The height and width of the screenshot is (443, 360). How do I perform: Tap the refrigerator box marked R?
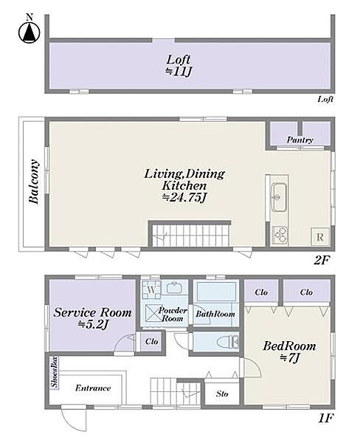coord(320,236)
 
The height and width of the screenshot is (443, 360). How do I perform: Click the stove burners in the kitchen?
coord(280,235)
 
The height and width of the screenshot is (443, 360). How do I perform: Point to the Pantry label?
coord(300,140)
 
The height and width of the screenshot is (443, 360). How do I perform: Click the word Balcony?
coord(34,182)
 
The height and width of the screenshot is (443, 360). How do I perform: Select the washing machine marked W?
coord(151,289)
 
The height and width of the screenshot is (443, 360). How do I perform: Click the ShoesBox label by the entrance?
coord(54,372)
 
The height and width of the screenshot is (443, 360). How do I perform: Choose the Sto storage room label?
coord(222,394)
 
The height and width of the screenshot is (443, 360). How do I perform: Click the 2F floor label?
coord(322,260)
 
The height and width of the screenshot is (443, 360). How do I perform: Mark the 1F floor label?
coord(326,418)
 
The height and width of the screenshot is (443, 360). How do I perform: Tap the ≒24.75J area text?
coord(184,197)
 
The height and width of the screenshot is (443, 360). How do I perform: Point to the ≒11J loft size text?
coord(179,71)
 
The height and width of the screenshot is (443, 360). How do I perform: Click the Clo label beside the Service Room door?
coord(152,341)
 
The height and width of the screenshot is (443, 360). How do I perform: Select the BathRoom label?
coord(215,314)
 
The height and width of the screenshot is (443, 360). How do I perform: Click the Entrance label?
coord(93,388)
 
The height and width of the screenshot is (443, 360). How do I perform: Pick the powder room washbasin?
coord(174,288)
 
